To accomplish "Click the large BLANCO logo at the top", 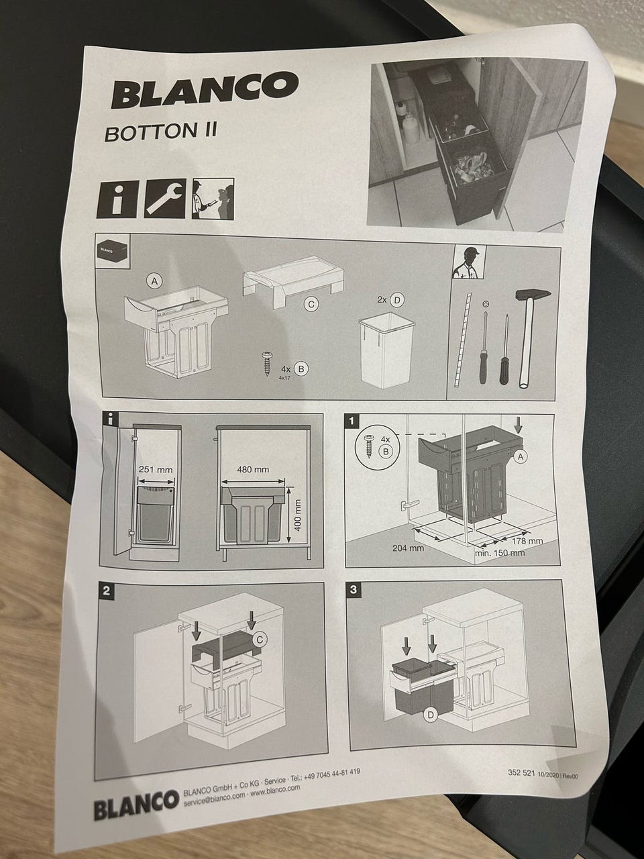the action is coord(205,90).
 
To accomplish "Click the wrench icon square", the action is coord(164,199).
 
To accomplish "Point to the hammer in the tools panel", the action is coord(529,337).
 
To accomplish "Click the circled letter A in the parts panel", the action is coord(155,281).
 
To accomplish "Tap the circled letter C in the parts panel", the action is coord(312,305).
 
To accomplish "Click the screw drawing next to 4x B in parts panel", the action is coord(268,364).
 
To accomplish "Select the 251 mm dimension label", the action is coord(156,469).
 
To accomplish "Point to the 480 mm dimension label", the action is coord(253,469).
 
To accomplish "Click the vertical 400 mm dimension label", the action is coord(297,515).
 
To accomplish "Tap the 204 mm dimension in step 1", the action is coord(409,548).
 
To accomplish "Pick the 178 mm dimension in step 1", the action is coord(527,541).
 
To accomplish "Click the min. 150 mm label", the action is coord(500,554).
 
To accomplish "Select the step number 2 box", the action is coord(107,591).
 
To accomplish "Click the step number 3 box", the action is coord(354,589).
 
